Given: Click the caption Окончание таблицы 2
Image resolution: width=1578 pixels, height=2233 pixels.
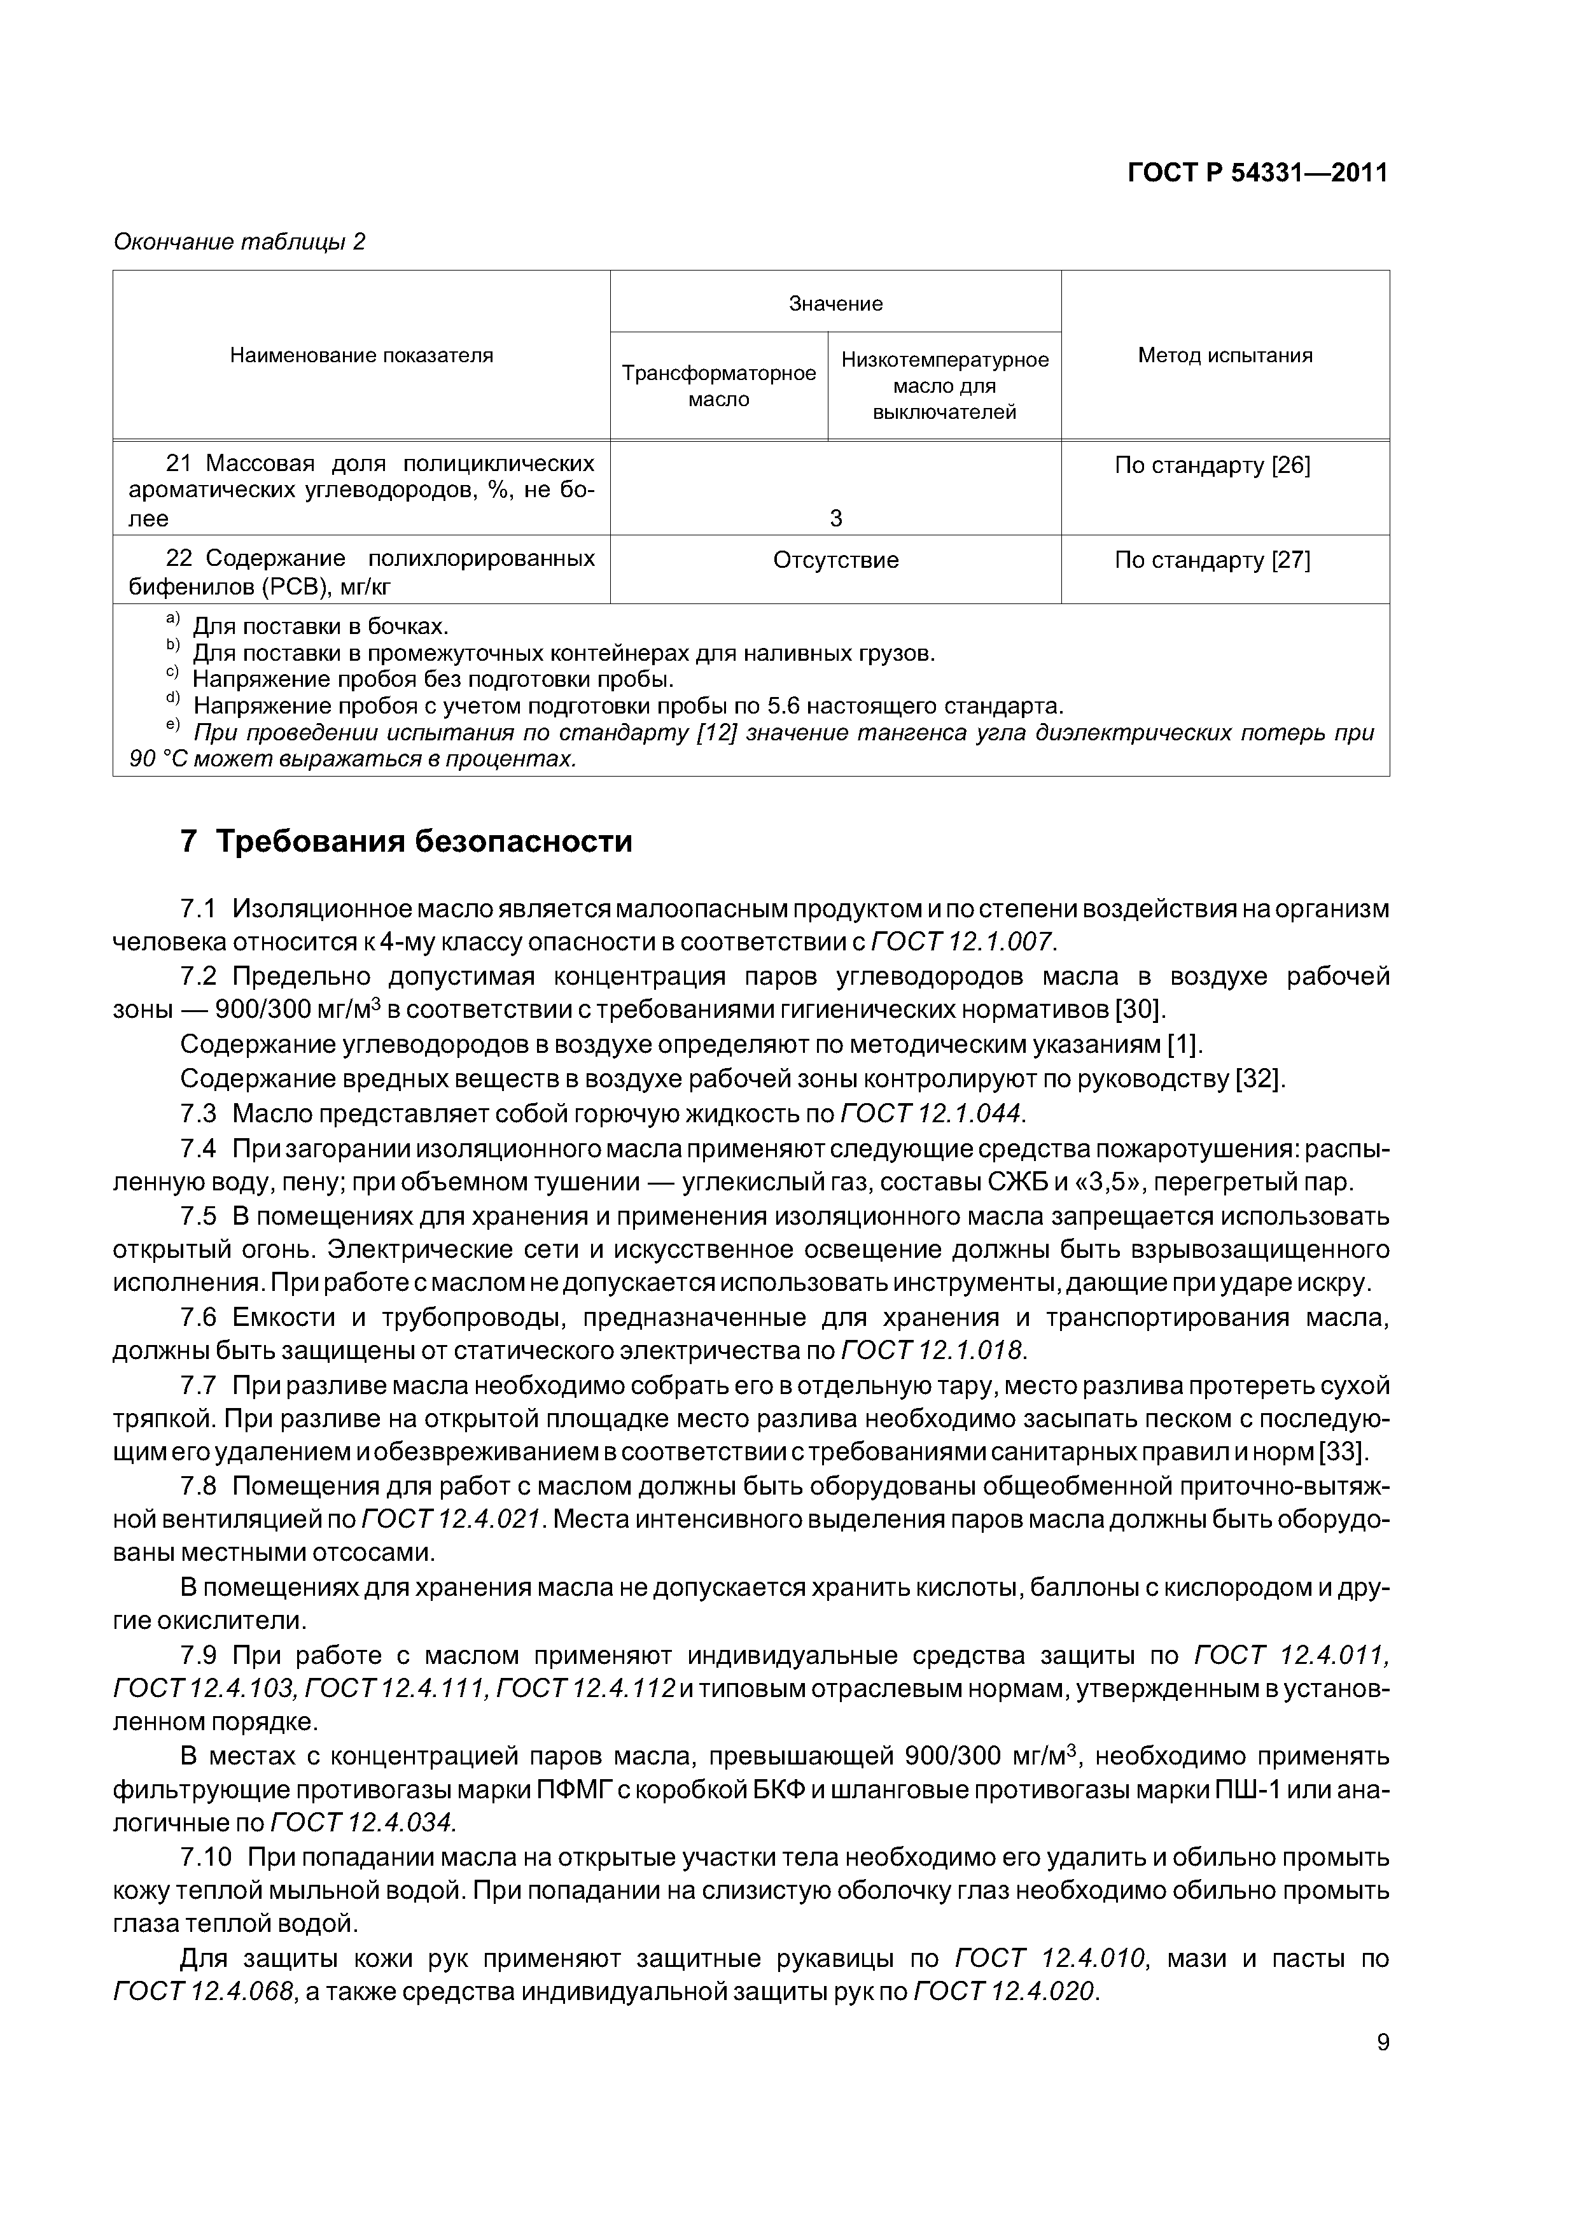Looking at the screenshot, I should pos(239,241).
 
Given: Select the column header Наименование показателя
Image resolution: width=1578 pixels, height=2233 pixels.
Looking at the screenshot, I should pos(361,356).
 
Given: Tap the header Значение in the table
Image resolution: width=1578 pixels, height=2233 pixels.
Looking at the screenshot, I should pos(835,304).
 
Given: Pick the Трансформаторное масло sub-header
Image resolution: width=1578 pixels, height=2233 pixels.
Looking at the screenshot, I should pos(718,386).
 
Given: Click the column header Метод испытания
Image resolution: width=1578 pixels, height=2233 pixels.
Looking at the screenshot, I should pos(1224,356).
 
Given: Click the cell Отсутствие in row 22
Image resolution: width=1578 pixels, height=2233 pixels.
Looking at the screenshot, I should pos(835,560).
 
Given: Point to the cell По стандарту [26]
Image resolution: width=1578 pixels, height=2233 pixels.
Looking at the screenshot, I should pos(1211,466).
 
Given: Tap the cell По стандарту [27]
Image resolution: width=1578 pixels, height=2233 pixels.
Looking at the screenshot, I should pos(1211,560).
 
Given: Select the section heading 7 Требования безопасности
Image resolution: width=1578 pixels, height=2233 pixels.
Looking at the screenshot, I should pos(407,842).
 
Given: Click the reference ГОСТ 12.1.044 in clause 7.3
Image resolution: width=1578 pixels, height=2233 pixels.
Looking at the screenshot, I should pos(932,1113).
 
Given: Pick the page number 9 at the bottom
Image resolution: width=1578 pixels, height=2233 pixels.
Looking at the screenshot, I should pos(1383,2043).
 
